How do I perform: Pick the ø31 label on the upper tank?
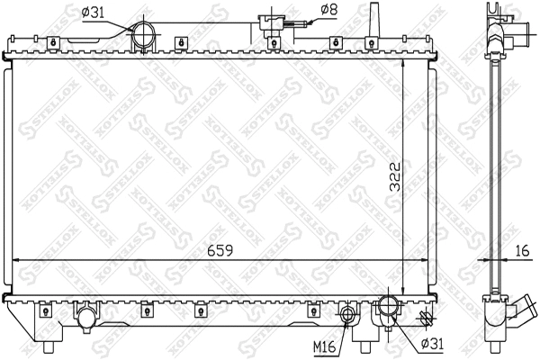pyautogui.click(x=94, y=12)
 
